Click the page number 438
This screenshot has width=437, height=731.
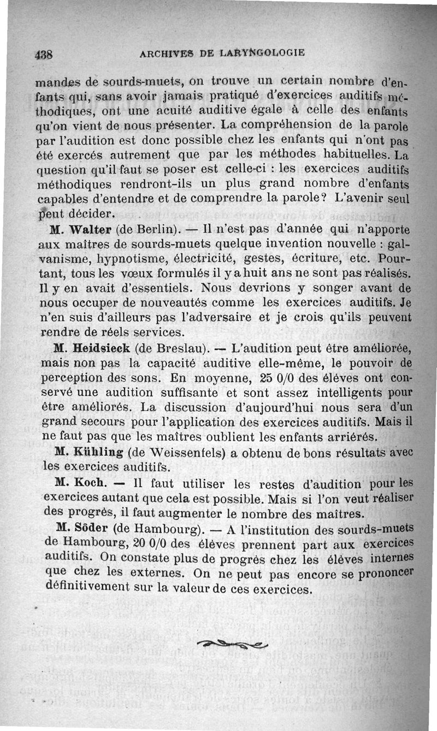pos(44,55)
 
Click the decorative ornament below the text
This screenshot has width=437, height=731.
pos(233,645)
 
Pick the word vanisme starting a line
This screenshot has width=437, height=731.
pos(61,258)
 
